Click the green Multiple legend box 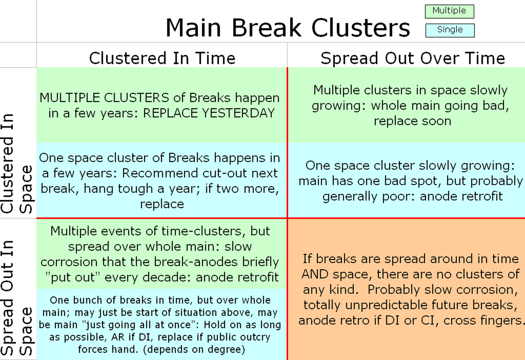pos(449,11)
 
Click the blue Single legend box pos(450,30)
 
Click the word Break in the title pos(267,28)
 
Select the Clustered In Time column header pos(162,58)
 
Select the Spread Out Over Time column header pos(413,58)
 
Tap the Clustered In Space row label pos(16,164)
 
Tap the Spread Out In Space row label pos(16,298)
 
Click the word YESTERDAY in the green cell pos(238,113)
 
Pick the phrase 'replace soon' pos(413,121)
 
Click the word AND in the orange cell pos(315,274)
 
